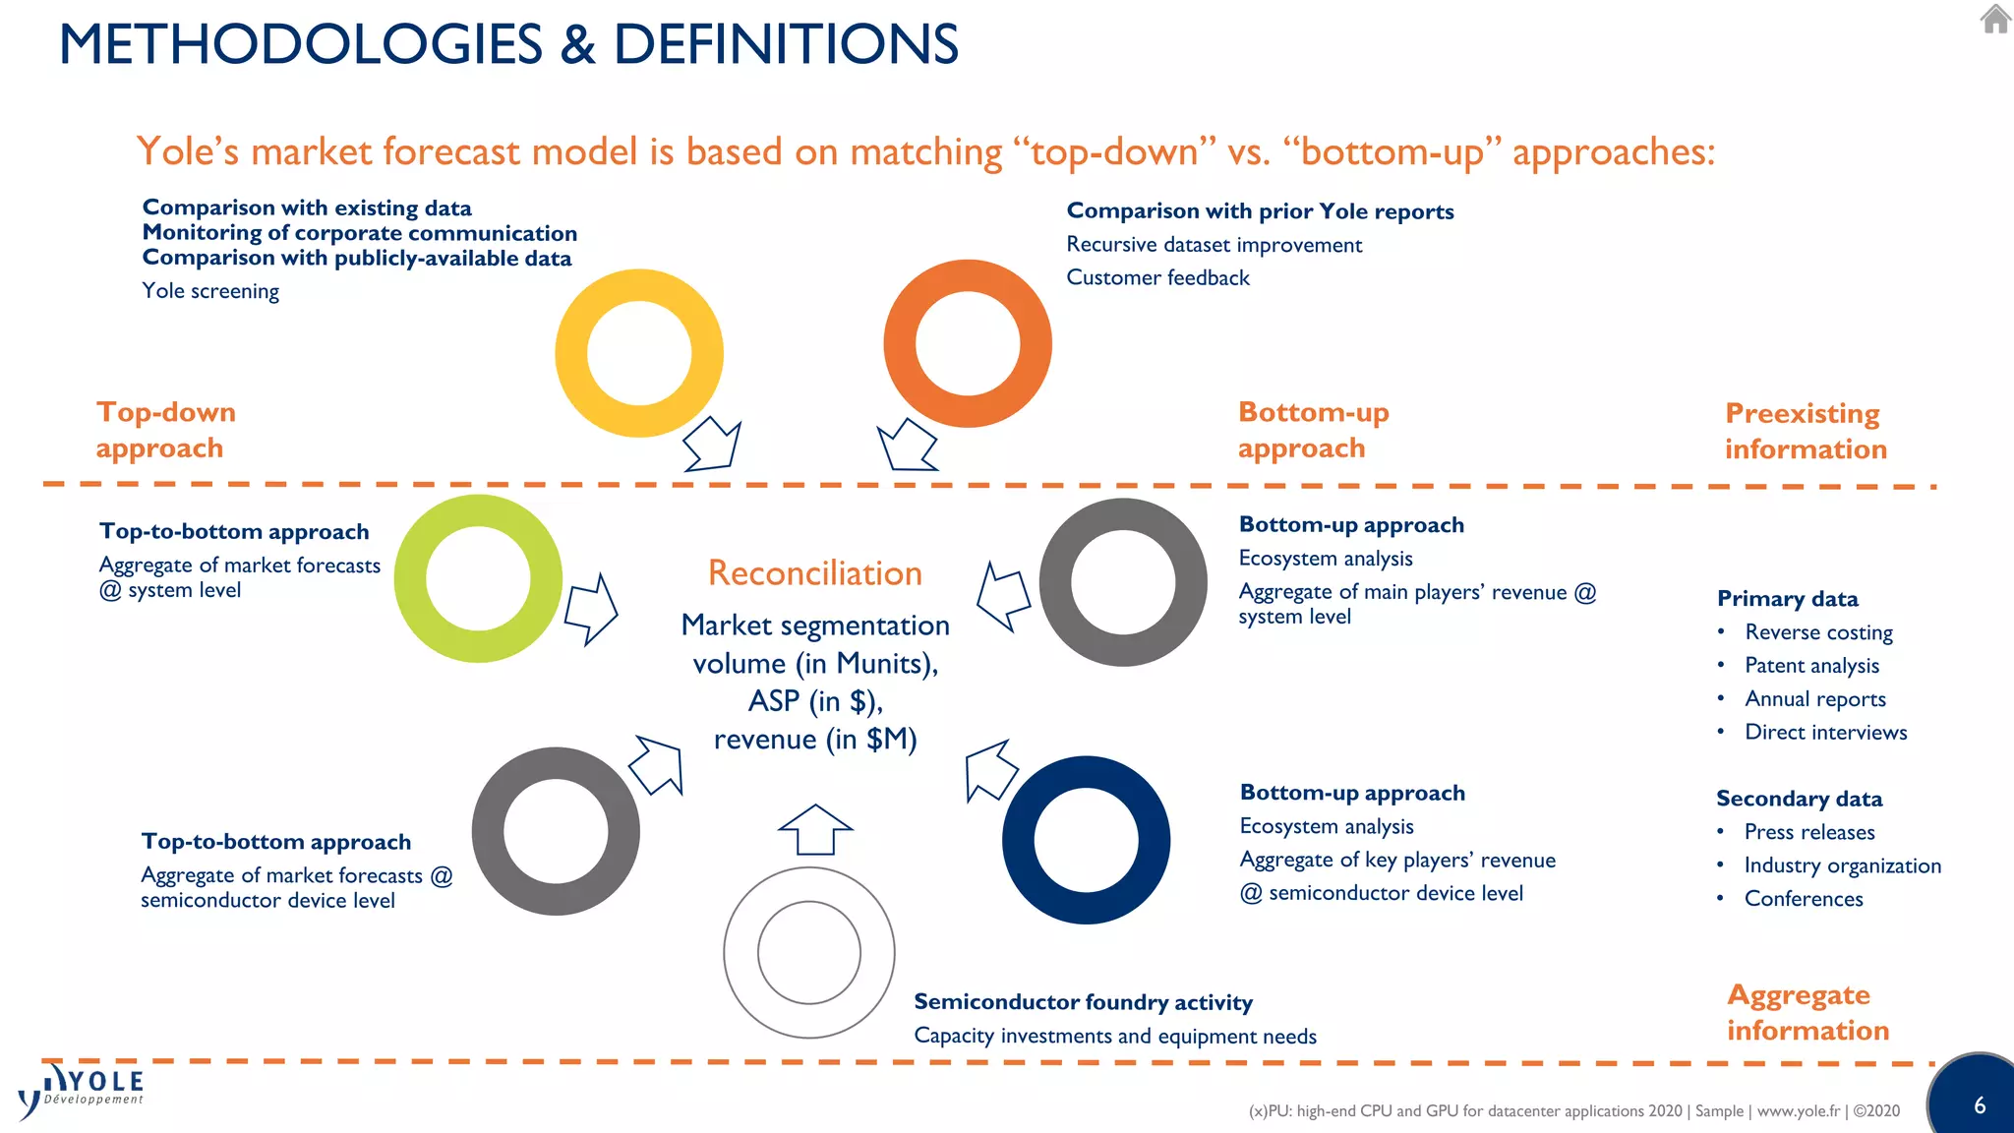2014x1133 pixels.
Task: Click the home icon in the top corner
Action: tap(1995, 19)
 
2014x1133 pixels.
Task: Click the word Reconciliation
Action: tap(815, 573)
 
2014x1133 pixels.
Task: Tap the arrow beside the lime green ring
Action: tap(591, 609)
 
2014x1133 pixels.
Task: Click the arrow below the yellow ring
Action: tap(713, 445)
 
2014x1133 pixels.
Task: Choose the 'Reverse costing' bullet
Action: tap(1818, 632)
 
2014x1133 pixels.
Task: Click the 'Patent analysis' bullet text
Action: tap(1811, 666)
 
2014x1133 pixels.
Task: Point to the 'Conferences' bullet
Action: tap(1804, 899)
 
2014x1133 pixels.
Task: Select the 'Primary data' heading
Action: tap(1787, 599)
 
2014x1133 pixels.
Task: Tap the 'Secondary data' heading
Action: tap(1799, 799)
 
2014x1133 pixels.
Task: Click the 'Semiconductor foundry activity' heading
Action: tap(1083, 1002)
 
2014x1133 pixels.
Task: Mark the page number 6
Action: tap(1980, 1105)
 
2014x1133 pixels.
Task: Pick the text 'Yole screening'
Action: tap(210, 291)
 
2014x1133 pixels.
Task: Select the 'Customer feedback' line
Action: tap(1157, 278)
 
